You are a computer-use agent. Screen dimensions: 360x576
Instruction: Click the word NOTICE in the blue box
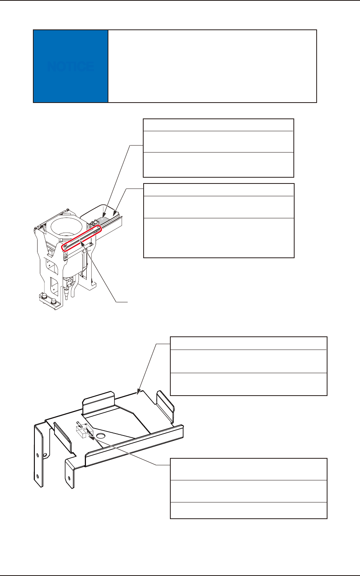pyautogui.click(x=70, y=67)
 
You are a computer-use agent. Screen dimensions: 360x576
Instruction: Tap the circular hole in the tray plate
pyautogui.click(x=101, y=436)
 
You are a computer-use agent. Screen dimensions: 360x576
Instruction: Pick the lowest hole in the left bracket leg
pyautogui.click(x=38, y=475)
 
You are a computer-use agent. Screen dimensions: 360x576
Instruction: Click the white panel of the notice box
pyautogui.click(x=212, y=66)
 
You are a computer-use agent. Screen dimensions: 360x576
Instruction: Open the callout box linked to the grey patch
pyautogui.click(x=218, y=148)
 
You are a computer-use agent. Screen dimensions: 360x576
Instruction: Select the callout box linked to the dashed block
pyautogui.click(x=249, y=488)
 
